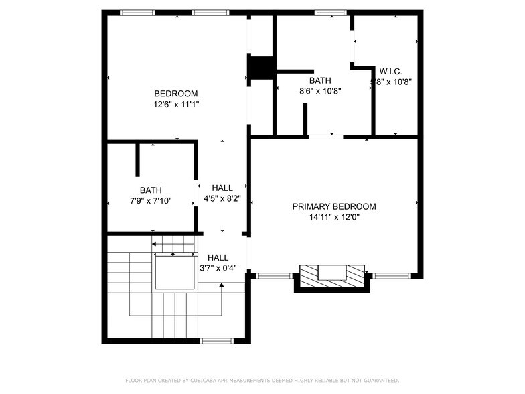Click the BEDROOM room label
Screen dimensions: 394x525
click(176, 94)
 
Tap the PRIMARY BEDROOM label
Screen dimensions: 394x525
click(334, 206)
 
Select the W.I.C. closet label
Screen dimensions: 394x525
click(390, 71)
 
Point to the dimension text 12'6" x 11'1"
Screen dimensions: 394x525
click(176, 105)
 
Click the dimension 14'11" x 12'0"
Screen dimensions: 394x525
click(334, 217)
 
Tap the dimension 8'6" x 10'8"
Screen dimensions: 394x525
click(320, 91)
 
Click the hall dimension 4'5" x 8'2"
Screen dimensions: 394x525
click(222, 199)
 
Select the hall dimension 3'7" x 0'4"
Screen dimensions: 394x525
click(218, 268)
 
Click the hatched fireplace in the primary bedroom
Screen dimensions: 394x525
click(331, 275)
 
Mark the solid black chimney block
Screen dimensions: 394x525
click(261, 68)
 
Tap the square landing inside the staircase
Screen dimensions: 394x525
click(174, 272)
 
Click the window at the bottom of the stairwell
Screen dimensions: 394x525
click(217, 341)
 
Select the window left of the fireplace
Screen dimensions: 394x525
click(274, 275)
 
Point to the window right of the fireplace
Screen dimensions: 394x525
click(391, 275)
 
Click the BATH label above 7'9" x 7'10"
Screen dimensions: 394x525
click(151, 190)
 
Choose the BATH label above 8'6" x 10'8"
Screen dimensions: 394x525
click(320, 80)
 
